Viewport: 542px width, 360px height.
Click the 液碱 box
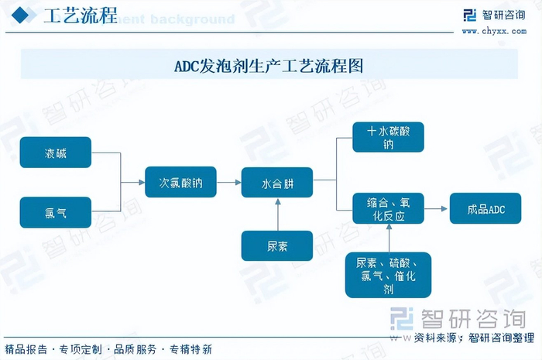pyautogui.click(x=55, y=153)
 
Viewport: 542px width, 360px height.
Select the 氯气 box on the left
pyautogui.click(x=55, y=212)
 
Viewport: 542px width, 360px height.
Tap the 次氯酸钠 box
pyautogui.click(x=180, y=183)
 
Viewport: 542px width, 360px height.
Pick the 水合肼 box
pyautogui.click(x=277, y=183)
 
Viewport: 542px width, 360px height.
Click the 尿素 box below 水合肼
pyautogui.click(x=277, y=245)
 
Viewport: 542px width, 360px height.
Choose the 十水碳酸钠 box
pyautogui.click(x=388, y=137)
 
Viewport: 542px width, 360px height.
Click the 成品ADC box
pyautogui.click(x=485, y=209)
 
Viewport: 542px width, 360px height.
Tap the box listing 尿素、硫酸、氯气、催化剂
pyautogui.click(x=388, y=275)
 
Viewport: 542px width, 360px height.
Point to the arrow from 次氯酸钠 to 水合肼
pyautogui.click(x=228, y=183)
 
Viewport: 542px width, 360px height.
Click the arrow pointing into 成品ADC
pyautogui.click(x=437, y=209)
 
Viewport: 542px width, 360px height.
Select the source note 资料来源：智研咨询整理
pyautogui.click(x=474, y=338)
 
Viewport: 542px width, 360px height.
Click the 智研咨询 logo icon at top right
pyautogui.click(x=469, y=16)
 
